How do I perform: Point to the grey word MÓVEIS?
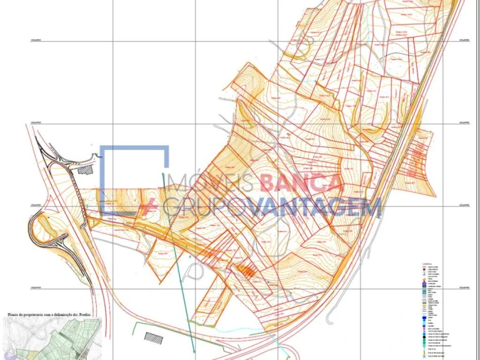coord(215,184)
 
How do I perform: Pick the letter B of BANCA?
coord(270,184)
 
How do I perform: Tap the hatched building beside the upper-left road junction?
coord(86,169)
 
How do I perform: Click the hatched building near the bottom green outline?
coord(154,337)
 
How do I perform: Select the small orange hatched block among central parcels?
coord(245,270)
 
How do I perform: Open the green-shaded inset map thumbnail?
coord(53,339)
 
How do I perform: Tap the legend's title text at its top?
coord(426,263)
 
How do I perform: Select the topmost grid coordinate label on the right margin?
coord(466,41)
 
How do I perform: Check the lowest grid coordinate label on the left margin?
coord(36,287)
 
